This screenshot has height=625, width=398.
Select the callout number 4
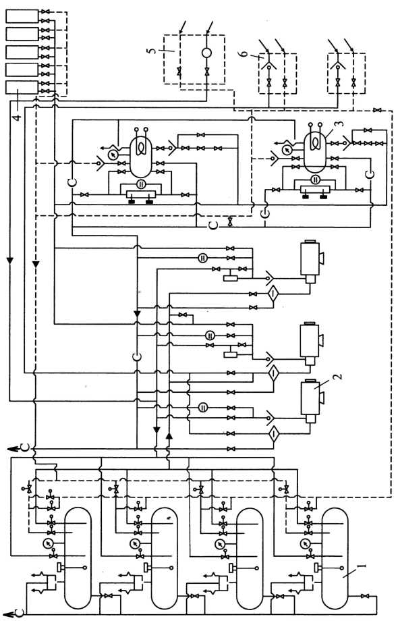(x=16, y=117)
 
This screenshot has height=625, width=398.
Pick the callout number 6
(x=245, y=52)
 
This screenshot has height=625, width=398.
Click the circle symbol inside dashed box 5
(x=206, y=53)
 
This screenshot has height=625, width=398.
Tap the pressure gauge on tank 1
(x=306, y=543)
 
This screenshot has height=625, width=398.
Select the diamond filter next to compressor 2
(x=273, y=433)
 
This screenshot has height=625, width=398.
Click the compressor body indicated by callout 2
(x=310, y=398)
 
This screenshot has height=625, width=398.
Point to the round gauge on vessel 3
(x=286, y=150)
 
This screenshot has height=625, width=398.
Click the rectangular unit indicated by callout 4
(x=22, y=87)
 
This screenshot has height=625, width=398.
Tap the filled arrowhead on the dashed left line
(x=36, y=265)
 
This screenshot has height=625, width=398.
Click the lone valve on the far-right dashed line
(x=377, y=110)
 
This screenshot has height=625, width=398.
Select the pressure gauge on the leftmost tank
(x=49, y=543)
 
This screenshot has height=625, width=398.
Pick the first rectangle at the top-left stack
(x=22, y=17)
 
